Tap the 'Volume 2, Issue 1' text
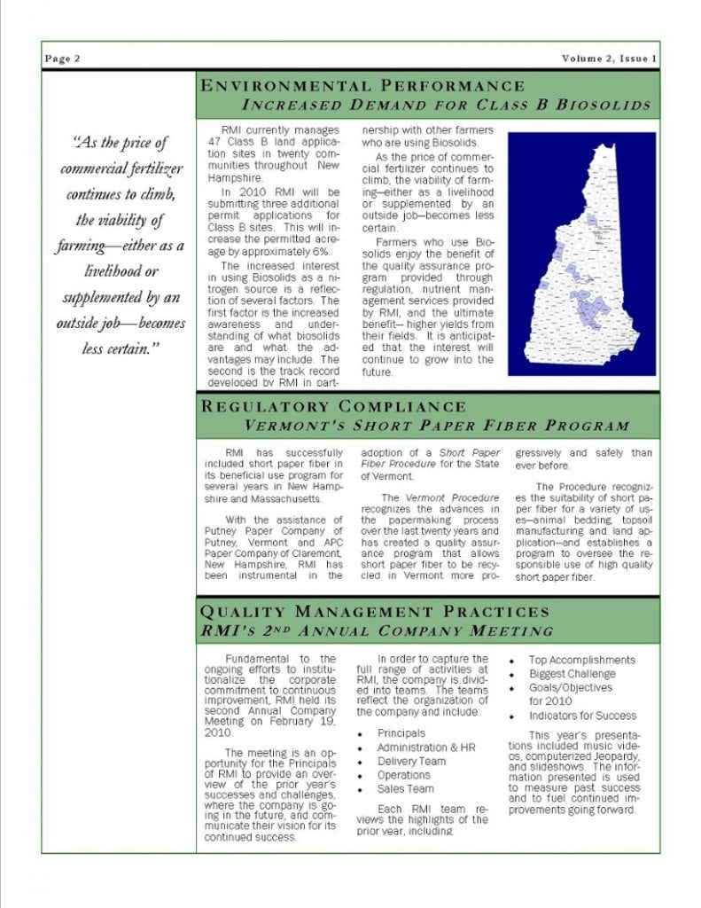(608, 59)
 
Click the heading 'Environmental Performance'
(363, 86)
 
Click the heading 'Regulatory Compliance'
(334, 406)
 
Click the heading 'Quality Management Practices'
(376, 612)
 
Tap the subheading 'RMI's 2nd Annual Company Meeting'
(378, 630)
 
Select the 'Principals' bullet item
(401, 733)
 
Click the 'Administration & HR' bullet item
(425, 748)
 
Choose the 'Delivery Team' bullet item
(411, 761)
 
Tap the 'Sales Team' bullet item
(405, 788)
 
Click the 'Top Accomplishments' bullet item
(581, 660)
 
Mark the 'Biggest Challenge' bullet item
(572, 673)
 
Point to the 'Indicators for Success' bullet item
(582, 716)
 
